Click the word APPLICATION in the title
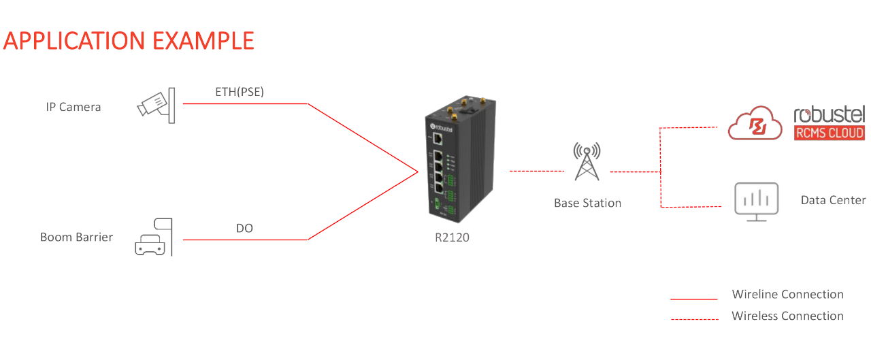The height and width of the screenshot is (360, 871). click(x=75, y=41)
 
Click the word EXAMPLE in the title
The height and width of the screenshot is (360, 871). click(x=203, y=41)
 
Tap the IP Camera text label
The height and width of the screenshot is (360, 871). click(x=73, y=107)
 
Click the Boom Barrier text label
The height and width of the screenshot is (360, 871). click(x=76, y=238)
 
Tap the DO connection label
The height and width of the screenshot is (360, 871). click(x=244, y=229)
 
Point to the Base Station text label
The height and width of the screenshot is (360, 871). click(x=587, y=203)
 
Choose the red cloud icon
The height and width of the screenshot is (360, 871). click(x=755, y=123)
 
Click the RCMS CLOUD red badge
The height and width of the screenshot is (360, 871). click(x=829, y=133)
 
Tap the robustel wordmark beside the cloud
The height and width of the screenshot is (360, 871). click(x=829, y=114)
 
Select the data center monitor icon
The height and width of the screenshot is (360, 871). click(x=756, y=200)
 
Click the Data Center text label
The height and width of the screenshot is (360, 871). click(x=833, y=200)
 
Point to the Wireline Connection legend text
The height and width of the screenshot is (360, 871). click(x=787, y=295)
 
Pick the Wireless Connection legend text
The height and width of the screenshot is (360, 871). click(x=787, y=316)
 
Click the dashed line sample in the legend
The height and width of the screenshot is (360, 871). click(x=694, y=319)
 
